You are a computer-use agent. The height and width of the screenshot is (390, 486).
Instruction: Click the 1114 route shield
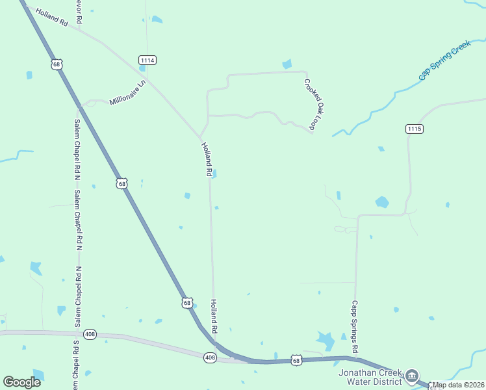147,60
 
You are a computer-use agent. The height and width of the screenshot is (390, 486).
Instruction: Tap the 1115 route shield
415,129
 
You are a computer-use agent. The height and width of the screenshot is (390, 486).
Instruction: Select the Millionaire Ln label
128,92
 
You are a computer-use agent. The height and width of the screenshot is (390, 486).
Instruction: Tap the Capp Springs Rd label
355,326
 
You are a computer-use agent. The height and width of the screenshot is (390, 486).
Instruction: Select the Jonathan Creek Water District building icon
411,376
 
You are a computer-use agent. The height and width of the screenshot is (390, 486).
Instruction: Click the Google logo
21,382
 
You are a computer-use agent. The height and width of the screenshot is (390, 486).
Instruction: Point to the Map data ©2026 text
459,385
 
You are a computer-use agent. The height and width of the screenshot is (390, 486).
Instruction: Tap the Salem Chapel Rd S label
76,364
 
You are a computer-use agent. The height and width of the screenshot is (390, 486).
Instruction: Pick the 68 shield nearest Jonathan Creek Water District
296,360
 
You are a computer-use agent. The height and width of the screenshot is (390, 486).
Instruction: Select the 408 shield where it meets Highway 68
209,357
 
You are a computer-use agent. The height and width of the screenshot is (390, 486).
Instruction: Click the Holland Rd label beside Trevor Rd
52,18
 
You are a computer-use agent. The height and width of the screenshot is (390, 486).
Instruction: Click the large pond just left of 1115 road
382,202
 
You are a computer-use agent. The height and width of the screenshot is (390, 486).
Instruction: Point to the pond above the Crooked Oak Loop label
287,64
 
